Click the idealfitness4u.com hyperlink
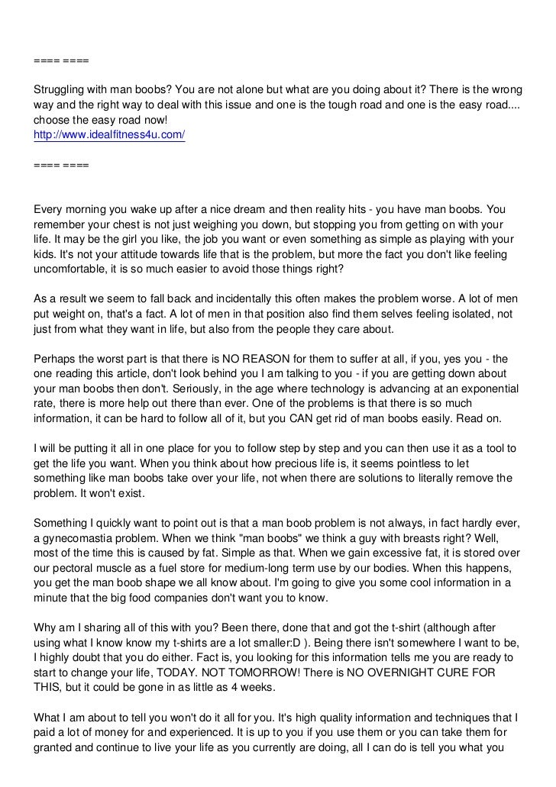tap(109, 134)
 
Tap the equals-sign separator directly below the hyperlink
tap(61, 164)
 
